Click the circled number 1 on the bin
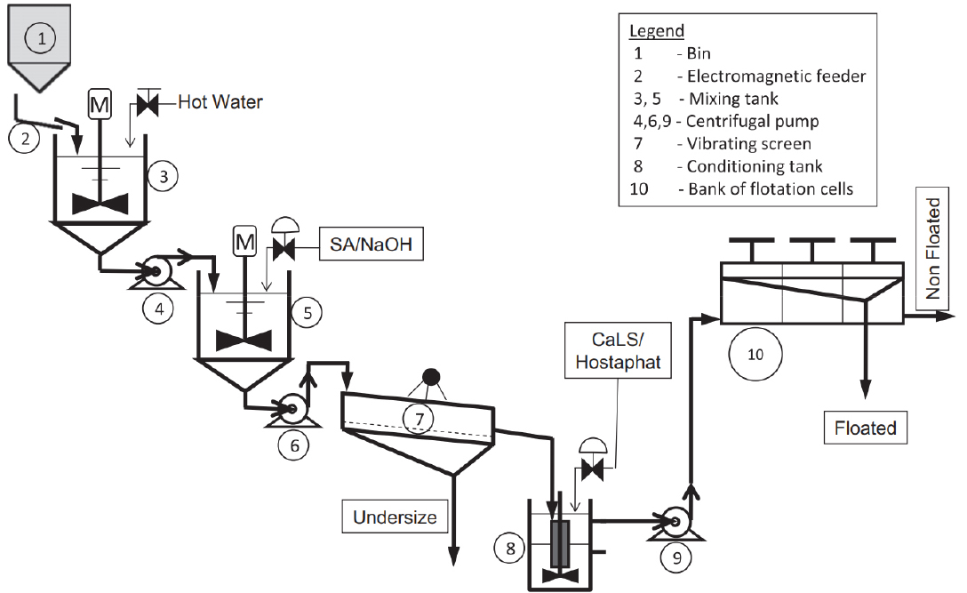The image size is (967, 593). (x=41, y=38)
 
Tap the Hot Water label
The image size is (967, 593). (x=220, y=102)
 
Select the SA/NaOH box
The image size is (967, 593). (x=372, y=244)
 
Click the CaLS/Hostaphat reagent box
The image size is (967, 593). (x=618, y=350)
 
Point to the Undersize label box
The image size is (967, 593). (x=395, y=517)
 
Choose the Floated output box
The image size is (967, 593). (x=866, y=428)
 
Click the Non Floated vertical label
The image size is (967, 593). (x=932, y=248)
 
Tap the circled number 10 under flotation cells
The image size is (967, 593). (x=755, y=354)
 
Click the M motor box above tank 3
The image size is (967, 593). (x=100, y=104)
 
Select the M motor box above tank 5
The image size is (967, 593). (x=244, y=241)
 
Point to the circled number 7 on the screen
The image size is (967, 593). (x=420, y=419)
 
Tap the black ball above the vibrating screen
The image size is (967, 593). (x=431, y=376)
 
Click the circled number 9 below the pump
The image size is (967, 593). (x=676, y=557)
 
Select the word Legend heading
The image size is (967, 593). (x=657, y=31)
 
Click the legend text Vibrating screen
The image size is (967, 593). (x=748, y=144)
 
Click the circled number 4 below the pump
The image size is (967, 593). (x=158, y=308)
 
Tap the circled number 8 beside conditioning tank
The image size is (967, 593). (x=510, y=548)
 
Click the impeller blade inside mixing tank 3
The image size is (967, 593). (x=100, y=204)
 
